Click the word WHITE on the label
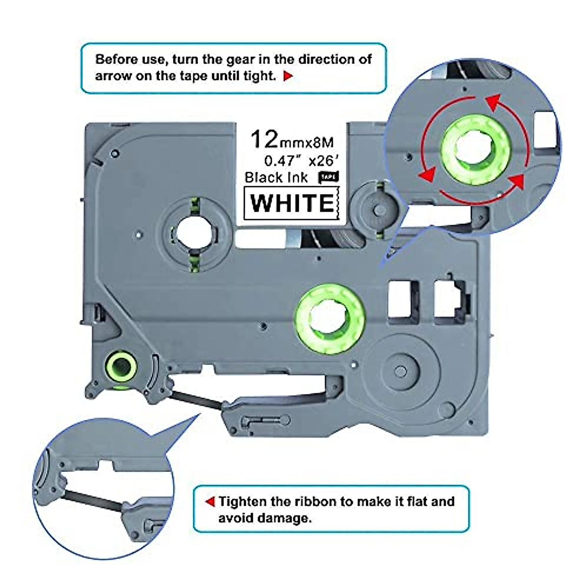point(292,203)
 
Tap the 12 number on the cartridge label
point(264,140)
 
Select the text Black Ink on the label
point(276,177)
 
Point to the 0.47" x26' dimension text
point(298,160)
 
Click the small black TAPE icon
point(328,177)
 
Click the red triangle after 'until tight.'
point(288,76)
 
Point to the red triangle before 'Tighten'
point(210,502)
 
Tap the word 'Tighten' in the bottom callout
point(243,502)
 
